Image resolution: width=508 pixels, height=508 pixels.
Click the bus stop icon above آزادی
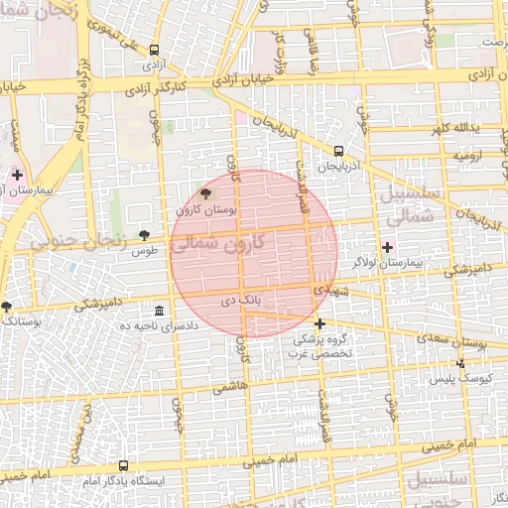[154, 50]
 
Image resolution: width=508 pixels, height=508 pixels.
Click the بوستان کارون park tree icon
[205, 193]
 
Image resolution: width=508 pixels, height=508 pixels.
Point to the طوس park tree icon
[145, 235]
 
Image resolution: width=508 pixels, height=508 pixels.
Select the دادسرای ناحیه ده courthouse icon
[159, 310]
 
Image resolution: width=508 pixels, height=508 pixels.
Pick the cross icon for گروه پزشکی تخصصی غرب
[319, 323]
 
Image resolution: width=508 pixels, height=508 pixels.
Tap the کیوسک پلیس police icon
[459, 364]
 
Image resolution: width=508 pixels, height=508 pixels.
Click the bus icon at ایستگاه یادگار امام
[123, 464]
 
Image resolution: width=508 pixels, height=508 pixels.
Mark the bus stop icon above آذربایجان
[339, 151]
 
